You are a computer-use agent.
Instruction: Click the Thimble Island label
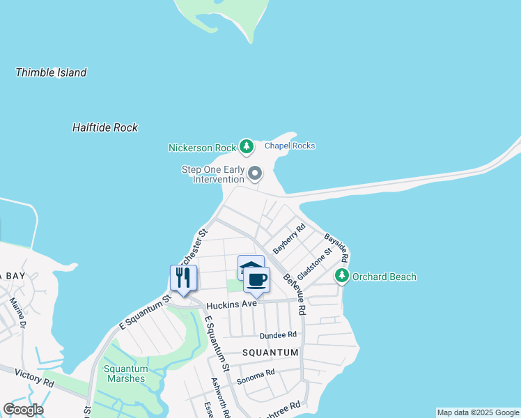tap(51, 72)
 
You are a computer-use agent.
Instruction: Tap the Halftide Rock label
tap(105, 127)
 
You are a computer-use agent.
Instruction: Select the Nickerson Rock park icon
tap(246, 146)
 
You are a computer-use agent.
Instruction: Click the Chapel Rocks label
tap(290, 146)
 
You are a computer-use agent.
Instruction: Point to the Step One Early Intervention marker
tap(256, 172)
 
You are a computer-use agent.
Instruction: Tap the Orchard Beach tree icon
tap(341, 276)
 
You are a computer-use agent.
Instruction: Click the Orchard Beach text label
tap(384, 277)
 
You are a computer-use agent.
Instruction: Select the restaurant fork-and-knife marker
tap(183, 277)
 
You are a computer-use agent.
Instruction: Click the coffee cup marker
tap(256, 279)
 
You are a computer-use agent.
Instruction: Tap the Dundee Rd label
tap(279, 335)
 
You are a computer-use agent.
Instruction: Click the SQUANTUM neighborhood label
tap(270, 353)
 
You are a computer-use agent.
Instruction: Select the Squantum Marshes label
tap(126, 374)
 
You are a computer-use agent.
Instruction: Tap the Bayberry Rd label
tap(289, 238)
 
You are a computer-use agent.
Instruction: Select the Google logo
tap(23, 410)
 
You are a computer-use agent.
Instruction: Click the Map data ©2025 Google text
tap(478, 412)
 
